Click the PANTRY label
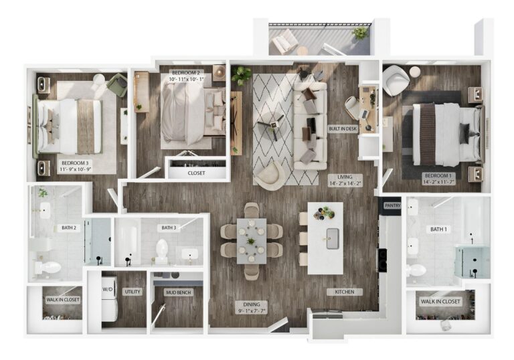[x=393, y=206]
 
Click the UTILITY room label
[x=131, y=292]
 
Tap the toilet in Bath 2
[x=48, y=268]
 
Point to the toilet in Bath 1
[x=416, y=270]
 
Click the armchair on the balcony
[x=284, y=41]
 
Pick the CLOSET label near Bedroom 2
[x=196, y=173]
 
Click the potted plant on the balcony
[x=361, y=32]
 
